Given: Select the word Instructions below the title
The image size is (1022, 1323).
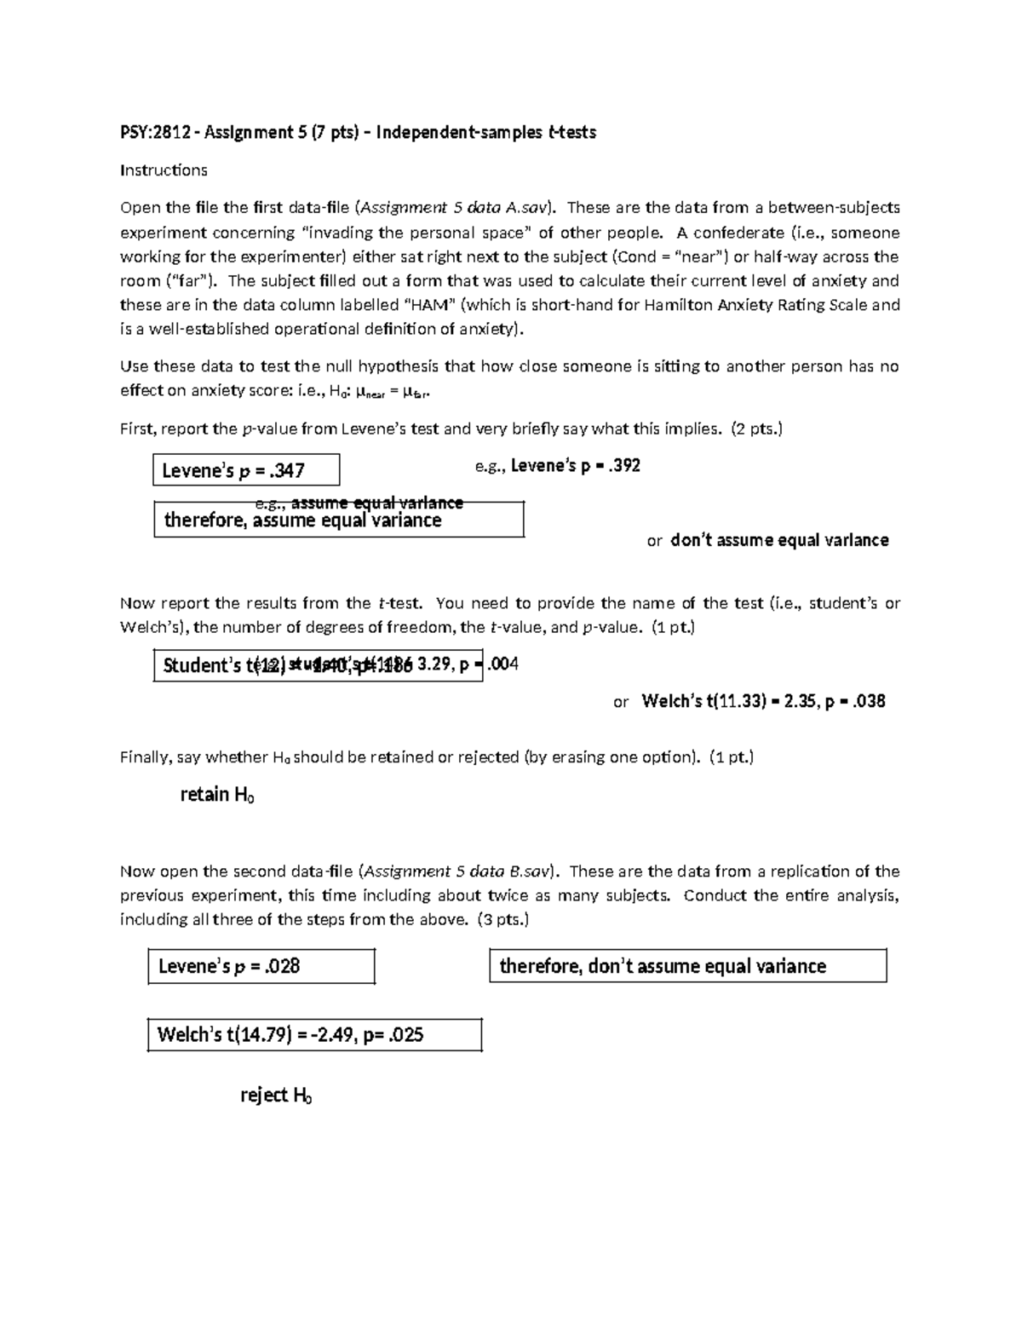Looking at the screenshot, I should [164, 170].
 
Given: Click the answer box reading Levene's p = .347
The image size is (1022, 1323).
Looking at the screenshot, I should [246, 469].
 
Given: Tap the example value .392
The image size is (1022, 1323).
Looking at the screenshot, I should [623, 466].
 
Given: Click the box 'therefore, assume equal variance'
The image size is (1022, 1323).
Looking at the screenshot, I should [338, 521].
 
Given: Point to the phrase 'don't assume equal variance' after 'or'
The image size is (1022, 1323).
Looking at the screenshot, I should [779, 540].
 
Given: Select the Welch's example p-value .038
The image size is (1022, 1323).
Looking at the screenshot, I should [869, 702].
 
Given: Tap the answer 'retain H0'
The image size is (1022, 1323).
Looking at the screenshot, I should [217, 795].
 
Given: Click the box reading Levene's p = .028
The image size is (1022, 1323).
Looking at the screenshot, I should [261, 967].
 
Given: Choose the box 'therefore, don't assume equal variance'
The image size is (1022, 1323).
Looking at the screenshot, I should [687, 966].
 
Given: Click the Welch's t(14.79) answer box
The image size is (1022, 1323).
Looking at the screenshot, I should [314, 1035].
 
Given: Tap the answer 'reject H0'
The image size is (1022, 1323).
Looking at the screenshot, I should [276, 1096].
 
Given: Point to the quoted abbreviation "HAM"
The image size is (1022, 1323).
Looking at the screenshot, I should [428, 305].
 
